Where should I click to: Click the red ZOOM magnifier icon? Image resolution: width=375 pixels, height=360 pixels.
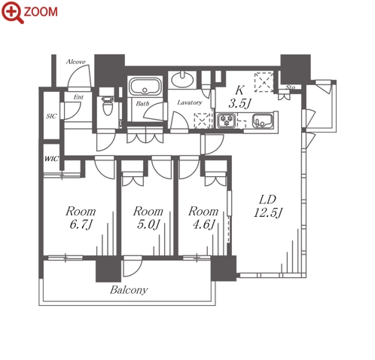(x=12, y=12)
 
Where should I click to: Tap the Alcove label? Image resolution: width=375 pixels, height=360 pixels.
(x=75, y=62)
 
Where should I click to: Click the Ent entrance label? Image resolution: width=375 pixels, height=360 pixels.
(x=78, y=97)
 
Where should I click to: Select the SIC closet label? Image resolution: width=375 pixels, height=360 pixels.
(x=51, y=116)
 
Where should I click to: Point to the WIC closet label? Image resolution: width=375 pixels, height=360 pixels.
(x=51, y=159)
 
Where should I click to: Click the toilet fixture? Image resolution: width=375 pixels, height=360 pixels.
(x=108, y=105)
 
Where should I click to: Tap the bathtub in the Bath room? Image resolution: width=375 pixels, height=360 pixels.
(x=145, y=86)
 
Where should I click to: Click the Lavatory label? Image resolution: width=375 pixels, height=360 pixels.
(x=190, y=102)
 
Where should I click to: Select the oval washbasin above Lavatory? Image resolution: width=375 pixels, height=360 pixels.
(x=182, y=79)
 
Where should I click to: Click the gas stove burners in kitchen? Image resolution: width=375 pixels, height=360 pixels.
(x=227, y=121)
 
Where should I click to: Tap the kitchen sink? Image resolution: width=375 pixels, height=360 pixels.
(x=263, y=121)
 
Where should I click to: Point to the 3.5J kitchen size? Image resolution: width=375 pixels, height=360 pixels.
(x=239, y=103)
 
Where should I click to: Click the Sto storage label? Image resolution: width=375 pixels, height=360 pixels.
(x=290, y=87)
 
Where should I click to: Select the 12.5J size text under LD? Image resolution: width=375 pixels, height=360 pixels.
(x=268, y=213)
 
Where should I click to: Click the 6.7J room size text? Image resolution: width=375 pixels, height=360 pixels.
(x=81, y=224)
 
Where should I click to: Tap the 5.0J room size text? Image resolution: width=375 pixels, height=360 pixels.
(x=148, y=224)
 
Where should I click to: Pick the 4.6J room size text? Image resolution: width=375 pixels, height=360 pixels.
(x=204, y=224)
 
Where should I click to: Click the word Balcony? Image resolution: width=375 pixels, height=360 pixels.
(x=129, y=290)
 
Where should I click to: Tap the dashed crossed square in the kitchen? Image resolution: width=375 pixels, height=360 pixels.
(x=264, y=82)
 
